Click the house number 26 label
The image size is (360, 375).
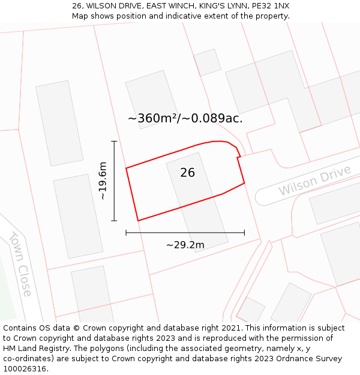click(187, 173)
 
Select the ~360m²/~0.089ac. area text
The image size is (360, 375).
click(185, 118)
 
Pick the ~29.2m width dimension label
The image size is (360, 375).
click(185, 245)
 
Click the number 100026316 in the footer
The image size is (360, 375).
click(25, 369)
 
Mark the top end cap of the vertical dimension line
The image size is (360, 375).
click(114, 141)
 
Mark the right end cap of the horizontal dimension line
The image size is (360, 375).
click(244, 232)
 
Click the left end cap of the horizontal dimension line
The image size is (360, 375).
click(126, 232)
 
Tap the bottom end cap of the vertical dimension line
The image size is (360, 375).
click(114, 221)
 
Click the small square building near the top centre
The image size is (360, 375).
click(207, 62)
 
